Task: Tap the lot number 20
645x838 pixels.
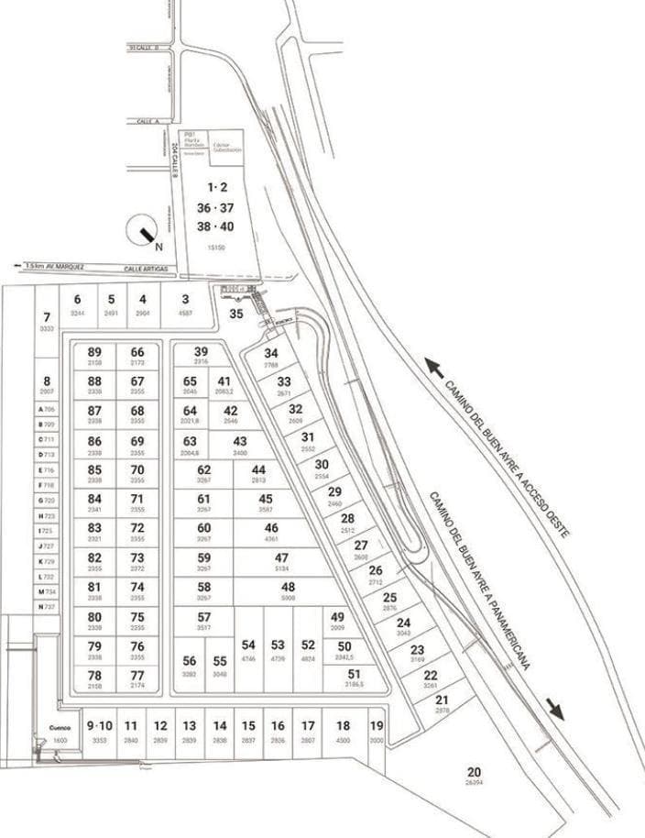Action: tap(474, 772)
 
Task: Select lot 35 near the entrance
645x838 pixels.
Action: tap(236, 314)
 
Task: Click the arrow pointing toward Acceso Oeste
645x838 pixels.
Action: tap(436, 369)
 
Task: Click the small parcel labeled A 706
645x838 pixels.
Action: tap(46, 408)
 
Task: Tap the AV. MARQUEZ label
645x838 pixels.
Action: tap(66, 267)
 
